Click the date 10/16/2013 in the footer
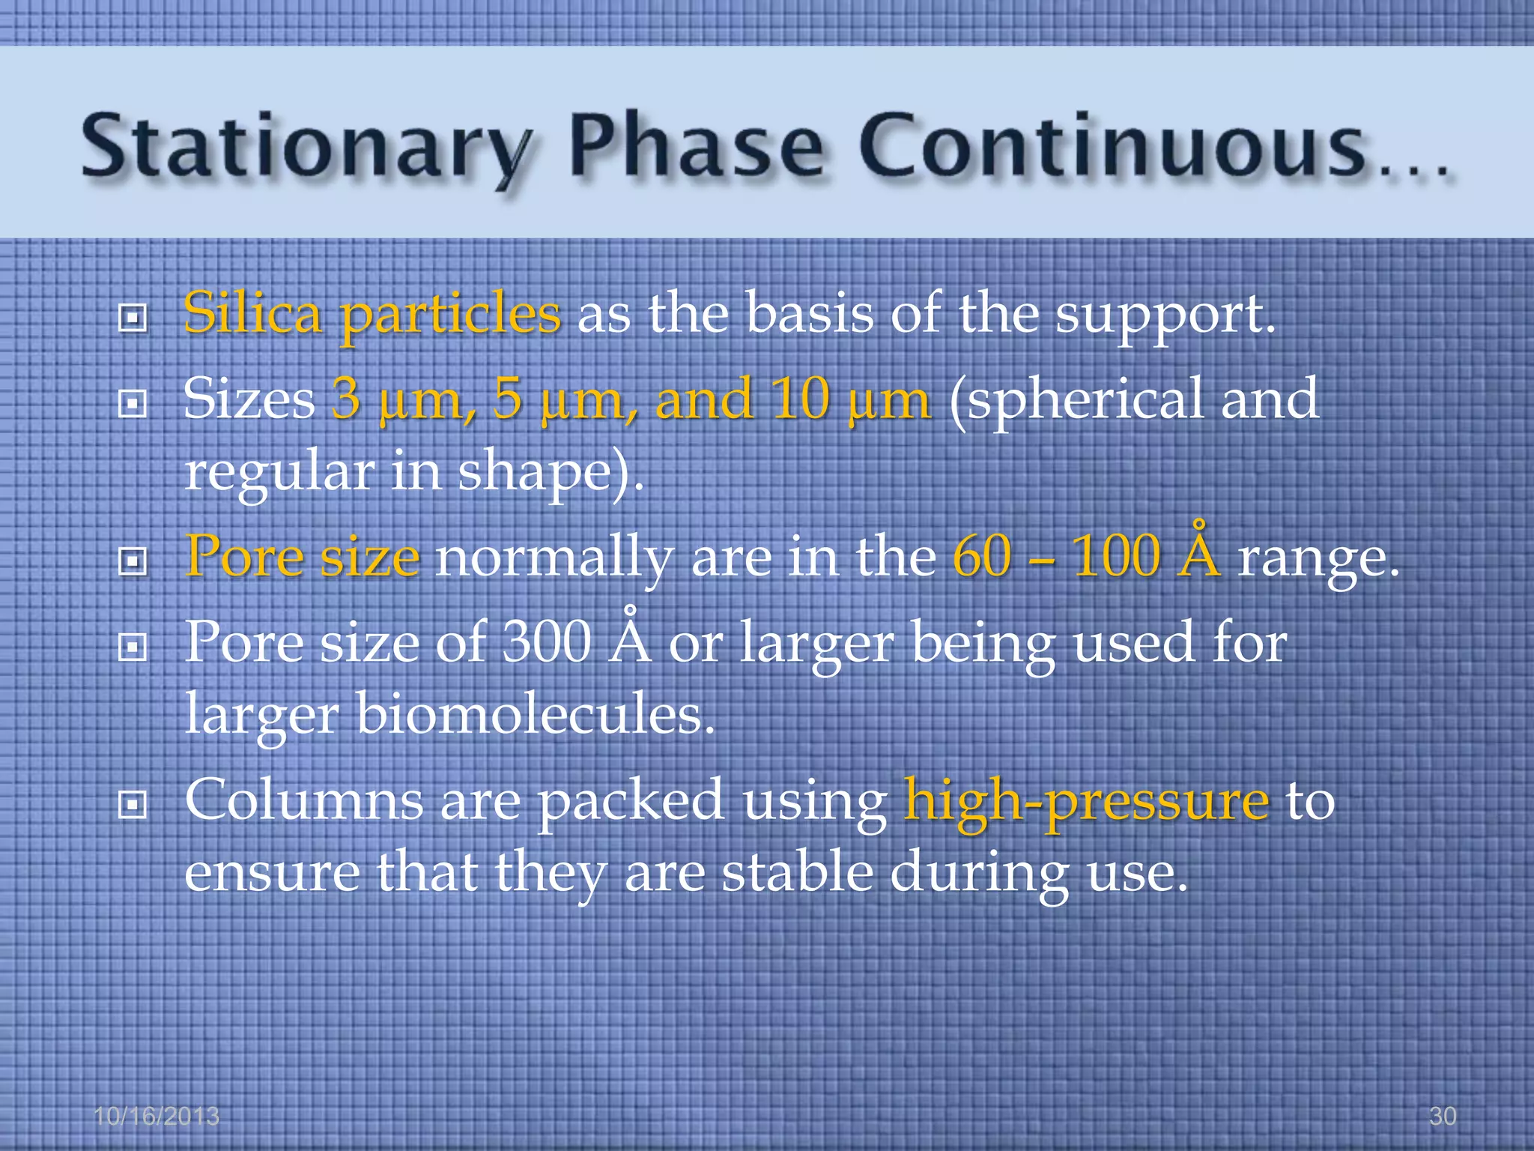157,1116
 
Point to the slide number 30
1442,1116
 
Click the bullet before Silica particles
133,318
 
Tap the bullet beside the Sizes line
133,405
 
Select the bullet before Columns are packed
133,806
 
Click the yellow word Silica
252,313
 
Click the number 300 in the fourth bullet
546,643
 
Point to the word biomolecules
535,713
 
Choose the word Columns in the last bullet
304,800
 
